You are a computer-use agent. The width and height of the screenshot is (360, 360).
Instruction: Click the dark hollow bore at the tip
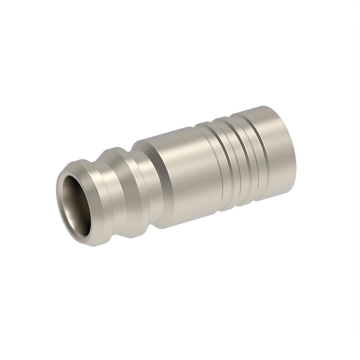(x=74, y=197)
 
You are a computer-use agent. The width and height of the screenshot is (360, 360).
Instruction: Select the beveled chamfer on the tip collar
(x=84, y=169)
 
